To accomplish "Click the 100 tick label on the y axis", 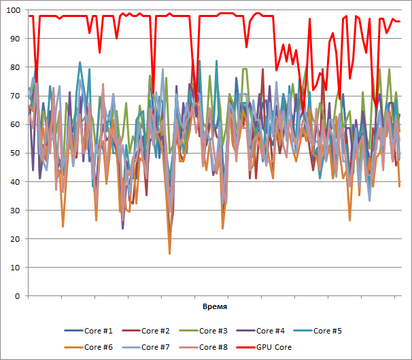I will (14, 10).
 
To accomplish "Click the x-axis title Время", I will (215, 307).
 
